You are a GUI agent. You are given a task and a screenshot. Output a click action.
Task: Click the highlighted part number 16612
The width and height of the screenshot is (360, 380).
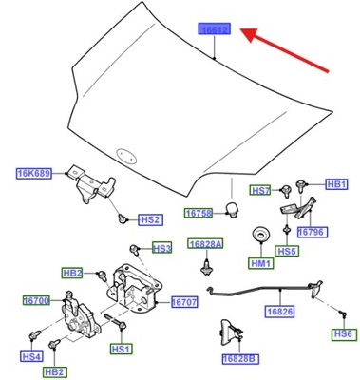click(215, 31)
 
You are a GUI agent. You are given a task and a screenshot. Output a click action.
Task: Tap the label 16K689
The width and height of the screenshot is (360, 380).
click(33, 173)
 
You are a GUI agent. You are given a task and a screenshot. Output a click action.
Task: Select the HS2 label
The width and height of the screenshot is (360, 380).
click(149, 218)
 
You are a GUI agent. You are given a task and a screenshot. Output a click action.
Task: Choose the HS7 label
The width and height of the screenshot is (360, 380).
click(261, 191)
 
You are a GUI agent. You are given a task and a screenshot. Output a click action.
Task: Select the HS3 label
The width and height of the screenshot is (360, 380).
click(161, 248)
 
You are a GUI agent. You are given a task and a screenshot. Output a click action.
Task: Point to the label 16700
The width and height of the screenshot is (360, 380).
click(35, 300)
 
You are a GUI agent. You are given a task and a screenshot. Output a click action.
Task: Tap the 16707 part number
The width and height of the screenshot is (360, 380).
click(184, 303)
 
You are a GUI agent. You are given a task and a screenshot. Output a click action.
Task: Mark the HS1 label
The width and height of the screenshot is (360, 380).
click(121, 350)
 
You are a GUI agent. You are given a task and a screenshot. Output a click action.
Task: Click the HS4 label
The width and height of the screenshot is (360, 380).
click(31, 357)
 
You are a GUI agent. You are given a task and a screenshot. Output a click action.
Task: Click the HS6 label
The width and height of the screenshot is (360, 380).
click(342, 334)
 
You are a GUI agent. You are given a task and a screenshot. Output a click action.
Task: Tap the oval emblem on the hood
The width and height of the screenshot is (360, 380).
click(123, 151)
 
